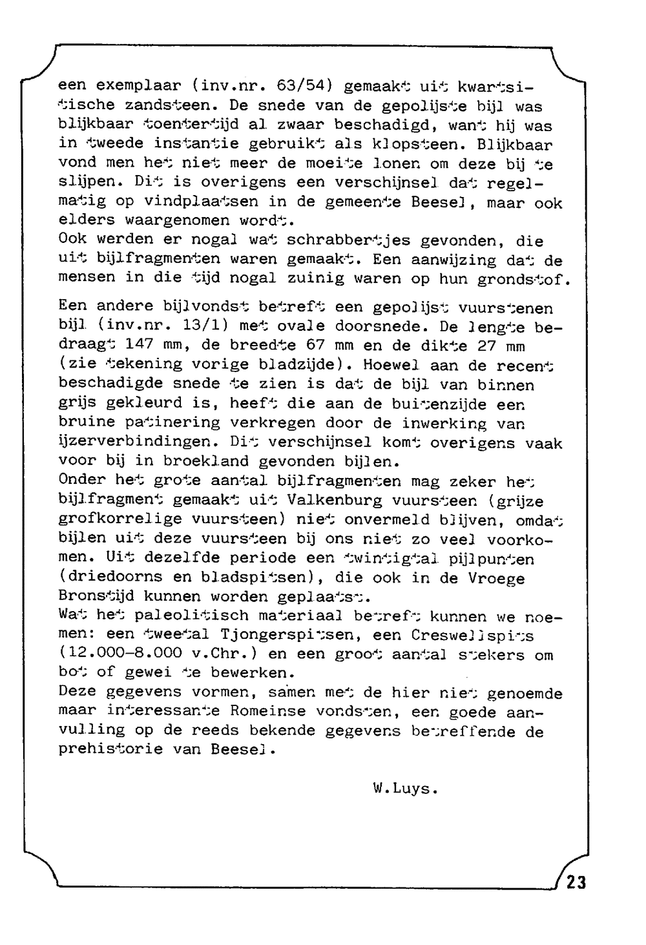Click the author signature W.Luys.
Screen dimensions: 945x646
[x=406, y=789]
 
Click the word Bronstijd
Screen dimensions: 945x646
[x=101, y=596]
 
